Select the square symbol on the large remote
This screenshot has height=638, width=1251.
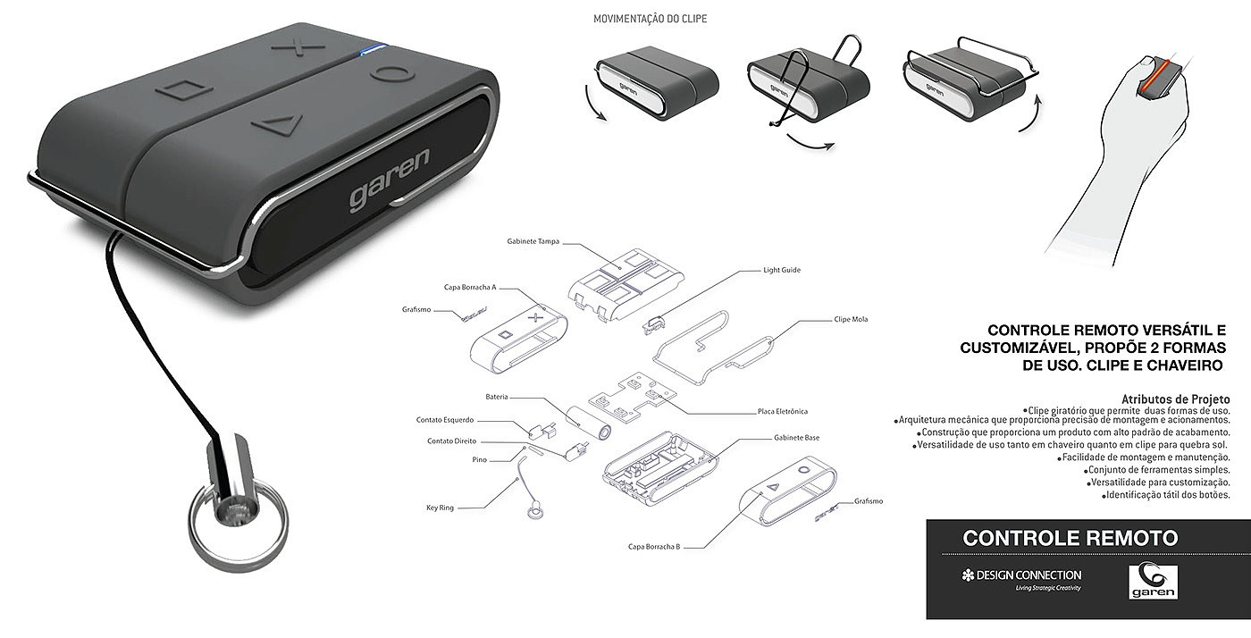coord(186,90)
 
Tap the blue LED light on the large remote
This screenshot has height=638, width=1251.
coord(372,49)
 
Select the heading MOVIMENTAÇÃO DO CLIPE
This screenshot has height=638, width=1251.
coord(650,19)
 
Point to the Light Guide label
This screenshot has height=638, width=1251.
coord(782,269)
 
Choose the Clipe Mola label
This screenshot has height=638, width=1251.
coord(851,319)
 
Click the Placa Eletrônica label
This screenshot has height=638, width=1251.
coord(782,412)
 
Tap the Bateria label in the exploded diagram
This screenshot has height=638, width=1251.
coord(497,397)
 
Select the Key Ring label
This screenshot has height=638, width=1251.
coord(440,508)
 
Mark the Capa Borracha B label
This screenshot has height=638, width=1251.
coord(654,546)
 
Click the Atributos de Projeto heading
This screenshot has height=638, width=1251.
coord(1175,399)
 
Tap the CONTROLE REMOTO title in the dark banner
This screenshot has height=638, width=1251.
coord(1070,538)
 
